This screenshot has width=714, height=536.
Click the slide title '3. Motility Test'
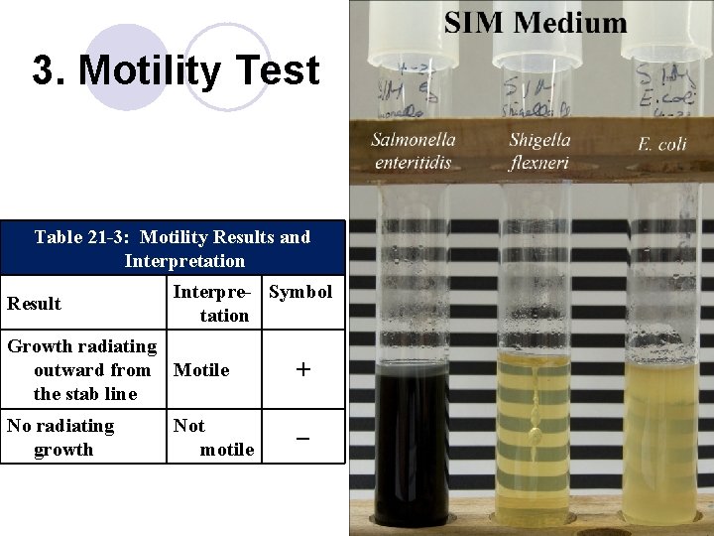click(176, 71)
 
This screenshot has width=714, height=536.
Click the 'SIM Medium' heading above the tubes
click(535, 22)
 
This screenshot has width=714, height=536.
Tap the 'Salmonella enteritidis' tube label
click(413, 151)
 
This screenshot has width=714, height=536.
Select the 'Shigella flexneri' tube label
click(538, 151)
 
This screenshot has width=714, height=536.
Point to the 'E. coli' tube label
click(661, 145)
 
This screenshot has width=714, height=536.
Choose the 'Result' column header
click(34, 304)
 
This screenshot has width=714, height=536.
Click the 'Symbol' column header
click(300, 292)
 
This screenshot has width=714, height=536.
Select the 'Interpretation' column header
click(211, 303)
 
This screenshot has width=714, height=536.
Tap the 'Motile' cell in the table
click(201, 370)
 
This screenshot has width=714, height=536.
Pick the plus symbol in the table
click(303, 370)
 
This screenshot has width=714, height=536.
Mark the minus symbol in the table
click(303, 437)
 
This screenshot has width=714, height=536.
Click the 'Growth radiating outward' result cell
click(81, 370)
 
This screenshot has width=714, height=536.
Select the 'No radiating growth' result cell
click(61, 437)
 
